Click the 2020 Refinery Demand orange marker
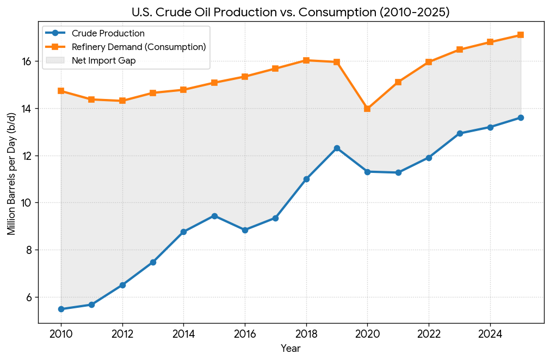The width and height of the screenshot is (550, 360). tap(367, 109)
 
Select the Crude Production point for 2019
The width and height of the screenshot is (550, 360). tap(337, 148)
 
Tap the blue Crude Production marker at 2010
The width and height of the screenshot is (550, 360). tap(61, 309)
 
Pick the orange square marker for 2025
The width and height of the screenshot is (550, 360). tap(521, 35)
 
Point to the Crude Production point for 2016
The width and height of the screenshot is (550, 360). tap(245, 230)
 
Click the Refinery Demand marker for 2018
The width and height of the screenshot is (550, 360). tap(306, 60)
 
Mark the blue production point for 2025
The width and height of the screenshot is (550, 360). tap(521, 117)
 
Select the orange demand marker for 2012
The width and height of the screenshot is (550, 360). tap(122, 101)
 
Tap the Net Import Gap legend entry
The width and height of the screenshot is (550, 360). tap(103, 60)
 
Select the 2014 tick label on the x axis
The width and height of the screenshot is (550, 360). tap(184, 333)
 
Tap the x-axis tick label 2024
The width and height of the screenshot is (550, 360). tap(490, 333)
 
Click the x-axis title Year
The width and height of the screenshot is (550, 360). tap(291, 348)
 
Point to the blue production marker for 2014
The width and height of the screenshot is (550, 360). tap(184, 232)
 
